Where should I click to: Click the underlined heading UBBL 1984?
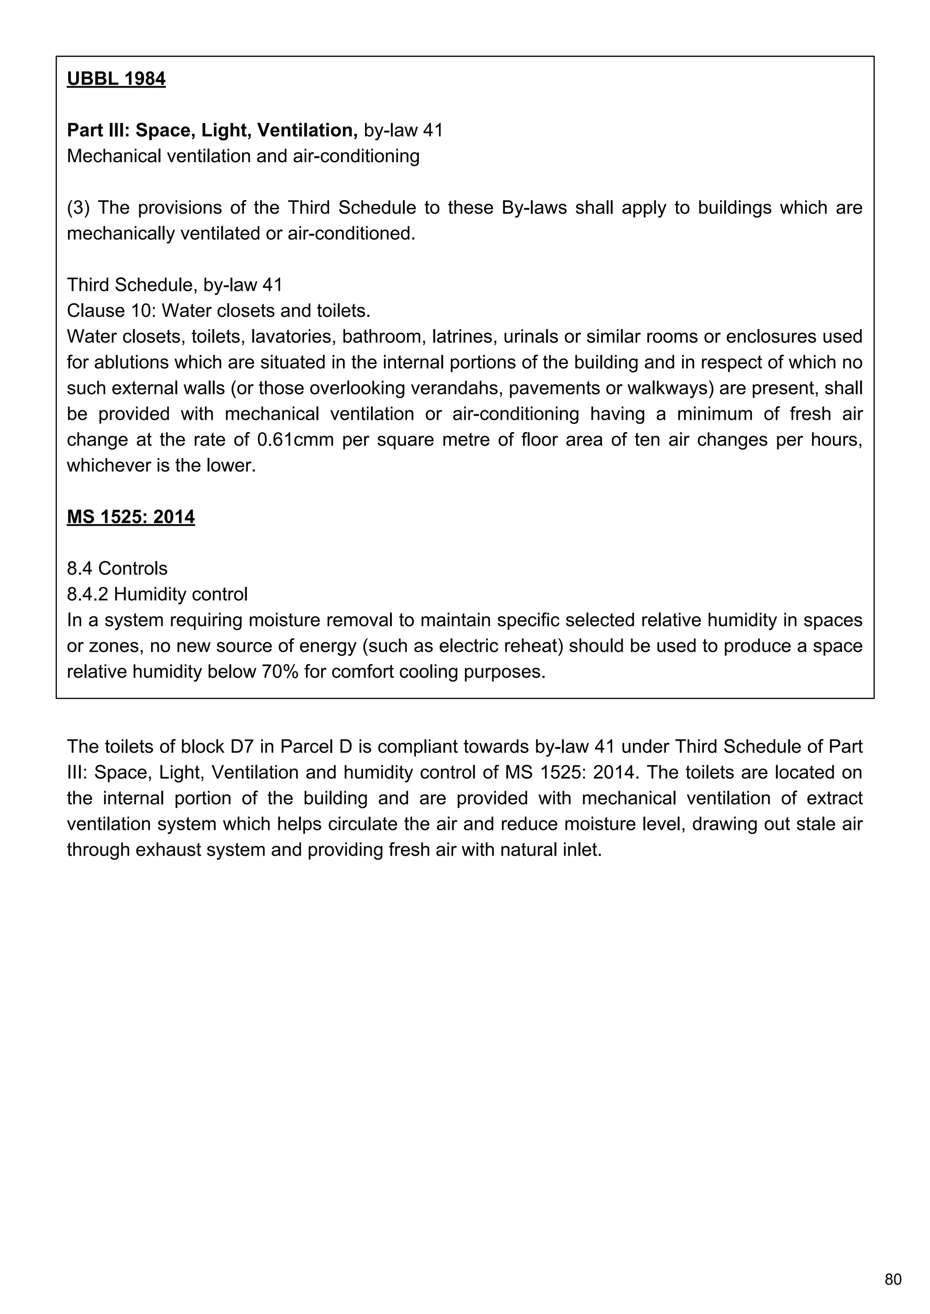point(116,79)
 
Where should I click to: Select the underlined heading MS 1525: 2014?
point(131,517)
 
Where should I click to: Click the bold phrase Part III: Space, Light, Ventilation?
point(212,130)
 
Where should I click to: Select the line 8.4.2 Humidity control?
point(157,594)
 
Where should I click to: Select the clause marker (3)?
point(79,208)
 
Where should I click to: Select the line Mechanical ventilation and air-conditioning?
point(243,156)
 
